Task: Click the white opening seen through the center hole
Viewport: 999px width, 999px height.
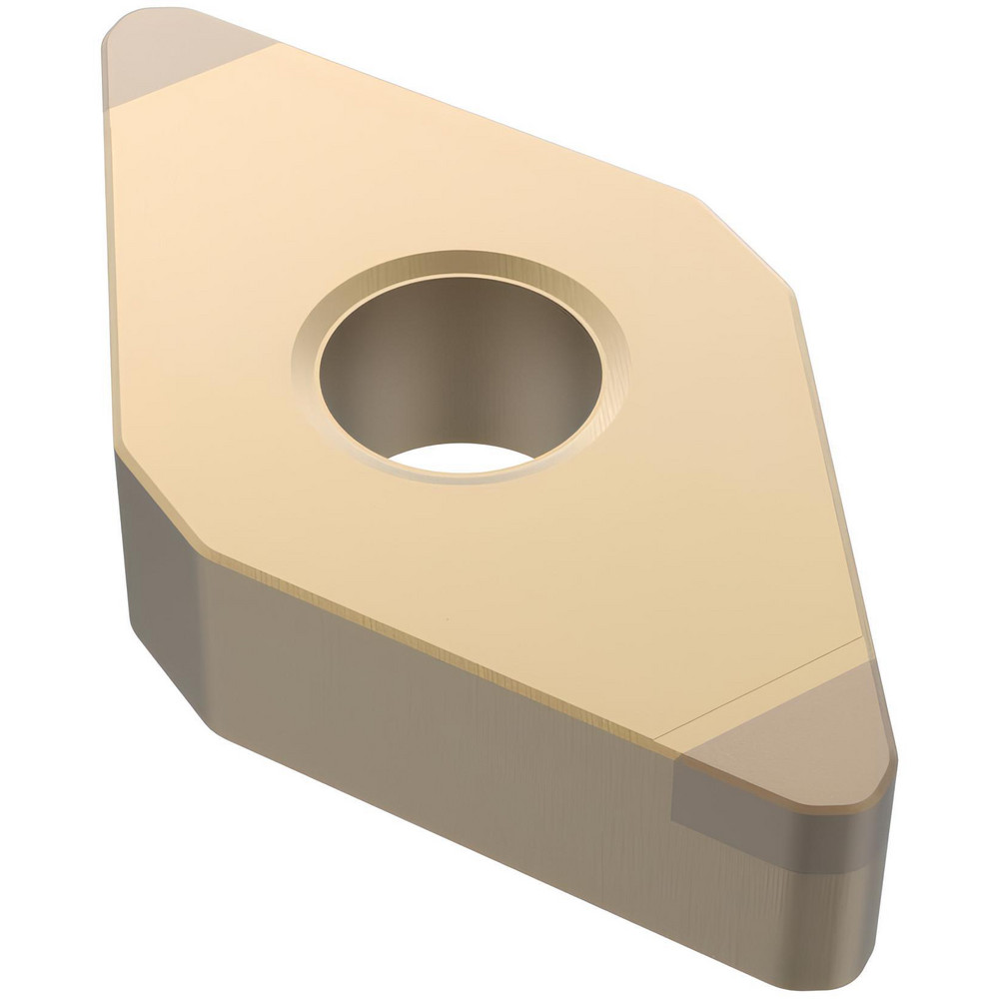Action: coord(460,458)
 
